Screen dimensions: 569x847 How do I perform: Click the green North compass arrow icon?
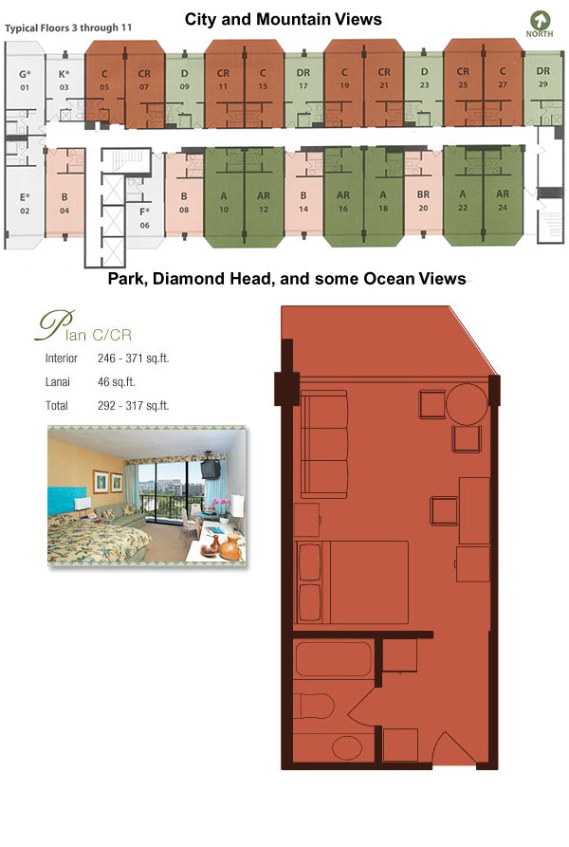tap(540, 21)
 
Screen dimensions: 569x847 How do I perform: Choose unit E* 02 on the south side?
tap(25, 203)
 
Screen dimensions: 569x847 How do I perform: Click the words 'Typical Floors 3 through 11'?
tap(68, 28)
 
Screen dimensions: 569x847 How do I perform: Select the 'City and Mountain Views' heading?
tap(284, 20)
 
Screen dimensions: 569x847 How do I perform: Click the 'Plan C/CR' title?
tap(84, 327)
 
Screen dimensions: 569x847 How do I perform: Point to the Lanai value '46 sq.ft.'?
tap(116, 382)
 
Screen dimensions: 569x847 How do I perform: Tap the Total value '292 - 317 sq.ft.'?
tap(134, 406)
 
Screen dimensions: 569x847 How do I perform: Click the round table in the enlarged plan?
tap(467, 403)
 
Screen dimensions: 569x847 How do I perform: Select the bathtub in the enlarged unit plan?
tap(334, 659)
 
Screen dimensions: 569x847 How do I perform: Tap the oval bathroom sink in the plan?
tap(346, 748)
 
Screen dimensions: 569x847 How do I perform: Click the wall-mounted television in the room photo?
tap(211, 468)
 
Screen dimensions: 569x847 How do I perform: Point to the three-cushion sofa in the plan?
tap(323, 444)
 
